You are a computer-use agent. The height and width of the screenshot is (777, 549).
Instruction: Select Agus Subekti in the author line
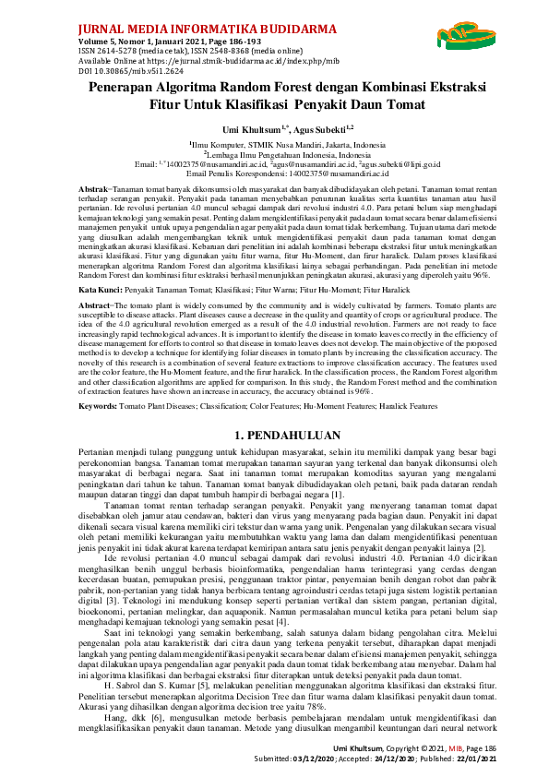pos(302,129)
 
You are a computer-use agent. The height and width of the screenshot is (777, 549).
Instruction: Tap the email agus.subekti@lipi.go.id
pos(388,163)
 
